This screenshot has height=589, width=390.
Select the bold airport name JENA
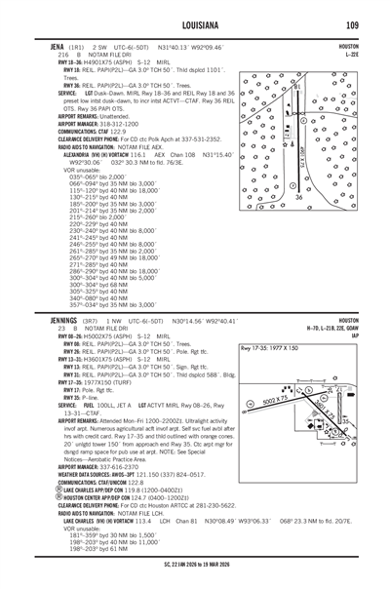tap(45, 47)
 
